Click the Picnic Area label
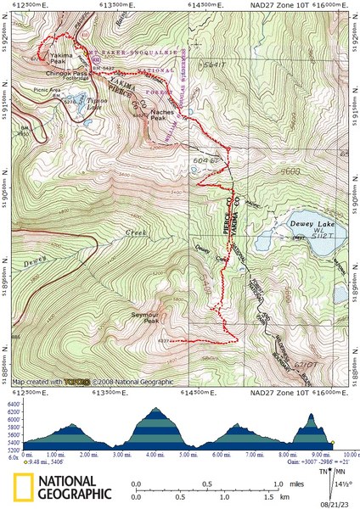coord(45,89)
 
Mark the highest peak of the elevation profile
coord(155,409)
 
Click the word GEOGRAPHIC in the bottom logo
coord(75,493)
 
